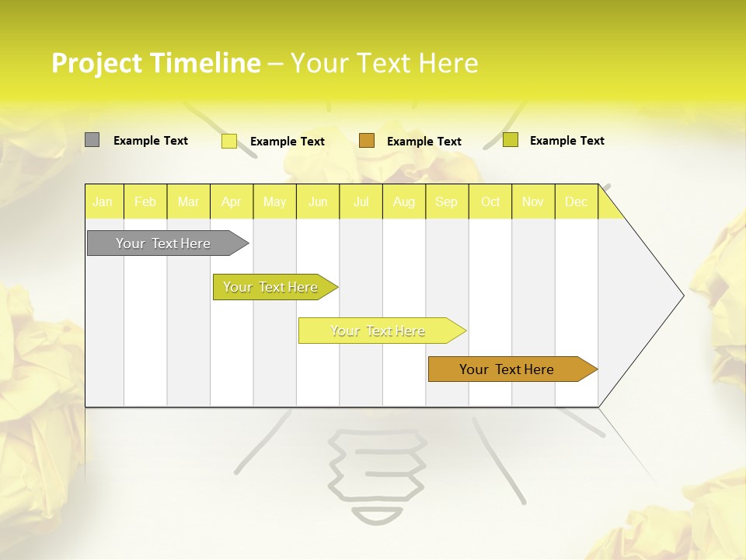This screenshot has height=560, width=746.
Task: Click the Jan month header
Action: click(x=103, y=202)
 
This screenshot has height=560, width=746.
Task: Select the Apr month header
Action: click(x=232, y=202)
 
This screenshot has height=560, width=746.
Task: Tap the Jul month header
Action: click(x=361, y=202)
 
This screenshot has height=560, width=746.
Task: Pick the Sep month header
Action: click(x=447, y=202)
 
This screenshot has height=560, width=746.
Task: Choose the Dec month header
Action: click(x=577, y=202)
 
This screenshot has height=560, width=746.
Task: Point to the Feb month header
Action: click(x=145, y=202)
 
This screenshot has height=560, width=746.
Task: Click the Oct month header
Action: click(x=490, y=202)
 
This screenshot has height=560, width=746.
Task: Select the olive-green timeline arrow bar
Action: click(x=272, y=287)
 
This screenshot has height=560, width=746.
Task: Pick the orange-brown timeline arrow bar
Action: click(x=509, y=369)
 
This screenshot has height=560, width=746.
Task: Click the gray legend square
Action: click(x=92, y=140)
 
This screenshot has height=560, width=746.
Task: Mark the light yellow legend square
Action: click(x=229, y=141)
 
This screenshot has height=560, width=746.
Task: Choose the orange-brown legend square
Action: click(x=367, y=141)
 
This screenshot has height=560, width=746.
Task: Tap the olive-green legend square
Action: click(x=511, y=140)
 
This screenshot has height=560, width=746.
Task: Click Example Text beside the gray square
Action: click(x=151, y=141)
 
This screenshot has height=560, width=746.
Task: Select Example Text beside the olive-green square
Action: click(x=567, y=141)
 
